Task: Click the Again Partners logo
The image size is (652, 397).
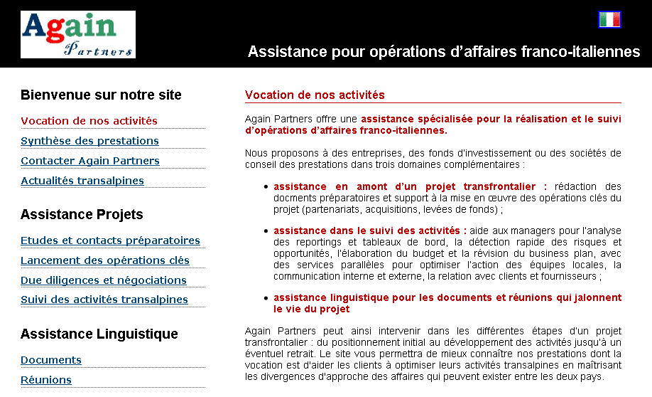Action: coord(78,34)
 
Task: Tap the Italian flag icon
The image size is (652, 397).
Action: coord(609,20)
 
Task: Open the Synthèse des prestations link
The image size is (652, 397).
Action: coord(89,141)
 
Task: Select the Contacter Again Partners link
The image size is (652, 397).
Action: coord(90,161)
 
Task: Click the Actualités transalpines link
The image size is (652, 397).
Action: coord(82,181)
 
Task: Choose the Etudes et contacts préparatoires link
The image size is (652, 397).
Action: coord(110,240)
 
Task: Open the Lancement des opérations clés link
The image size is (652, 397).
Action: coord(105,260)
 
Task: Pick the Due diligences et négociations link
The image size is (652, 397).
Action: coord(104,280)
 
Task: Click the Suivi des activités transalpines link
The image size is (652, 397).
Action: coord(104,300)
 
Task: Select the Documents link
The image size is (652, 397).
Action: coord(51,360)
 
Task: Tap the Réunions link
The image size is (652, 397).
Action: coord(46,380)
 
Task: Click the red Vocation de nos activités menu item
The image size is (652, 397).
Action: coord(89,121)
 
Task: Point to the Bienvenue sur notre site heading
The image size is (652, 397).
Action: coord(101,95)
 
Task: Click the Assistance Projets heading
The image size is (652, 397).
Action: coord(82,215)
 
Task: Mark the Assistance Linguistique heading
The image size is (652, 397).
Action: coord(99,334)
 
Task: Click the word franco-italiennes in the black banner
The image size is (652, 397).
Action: coord(580,52)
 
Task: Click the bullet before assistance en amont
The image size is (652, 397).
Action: coord(266,187)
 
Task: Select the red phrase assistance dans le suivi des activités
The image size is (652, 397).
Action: coord(369,231)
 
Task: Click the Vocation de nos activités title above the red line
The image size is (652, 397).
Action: coord(315,95)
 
